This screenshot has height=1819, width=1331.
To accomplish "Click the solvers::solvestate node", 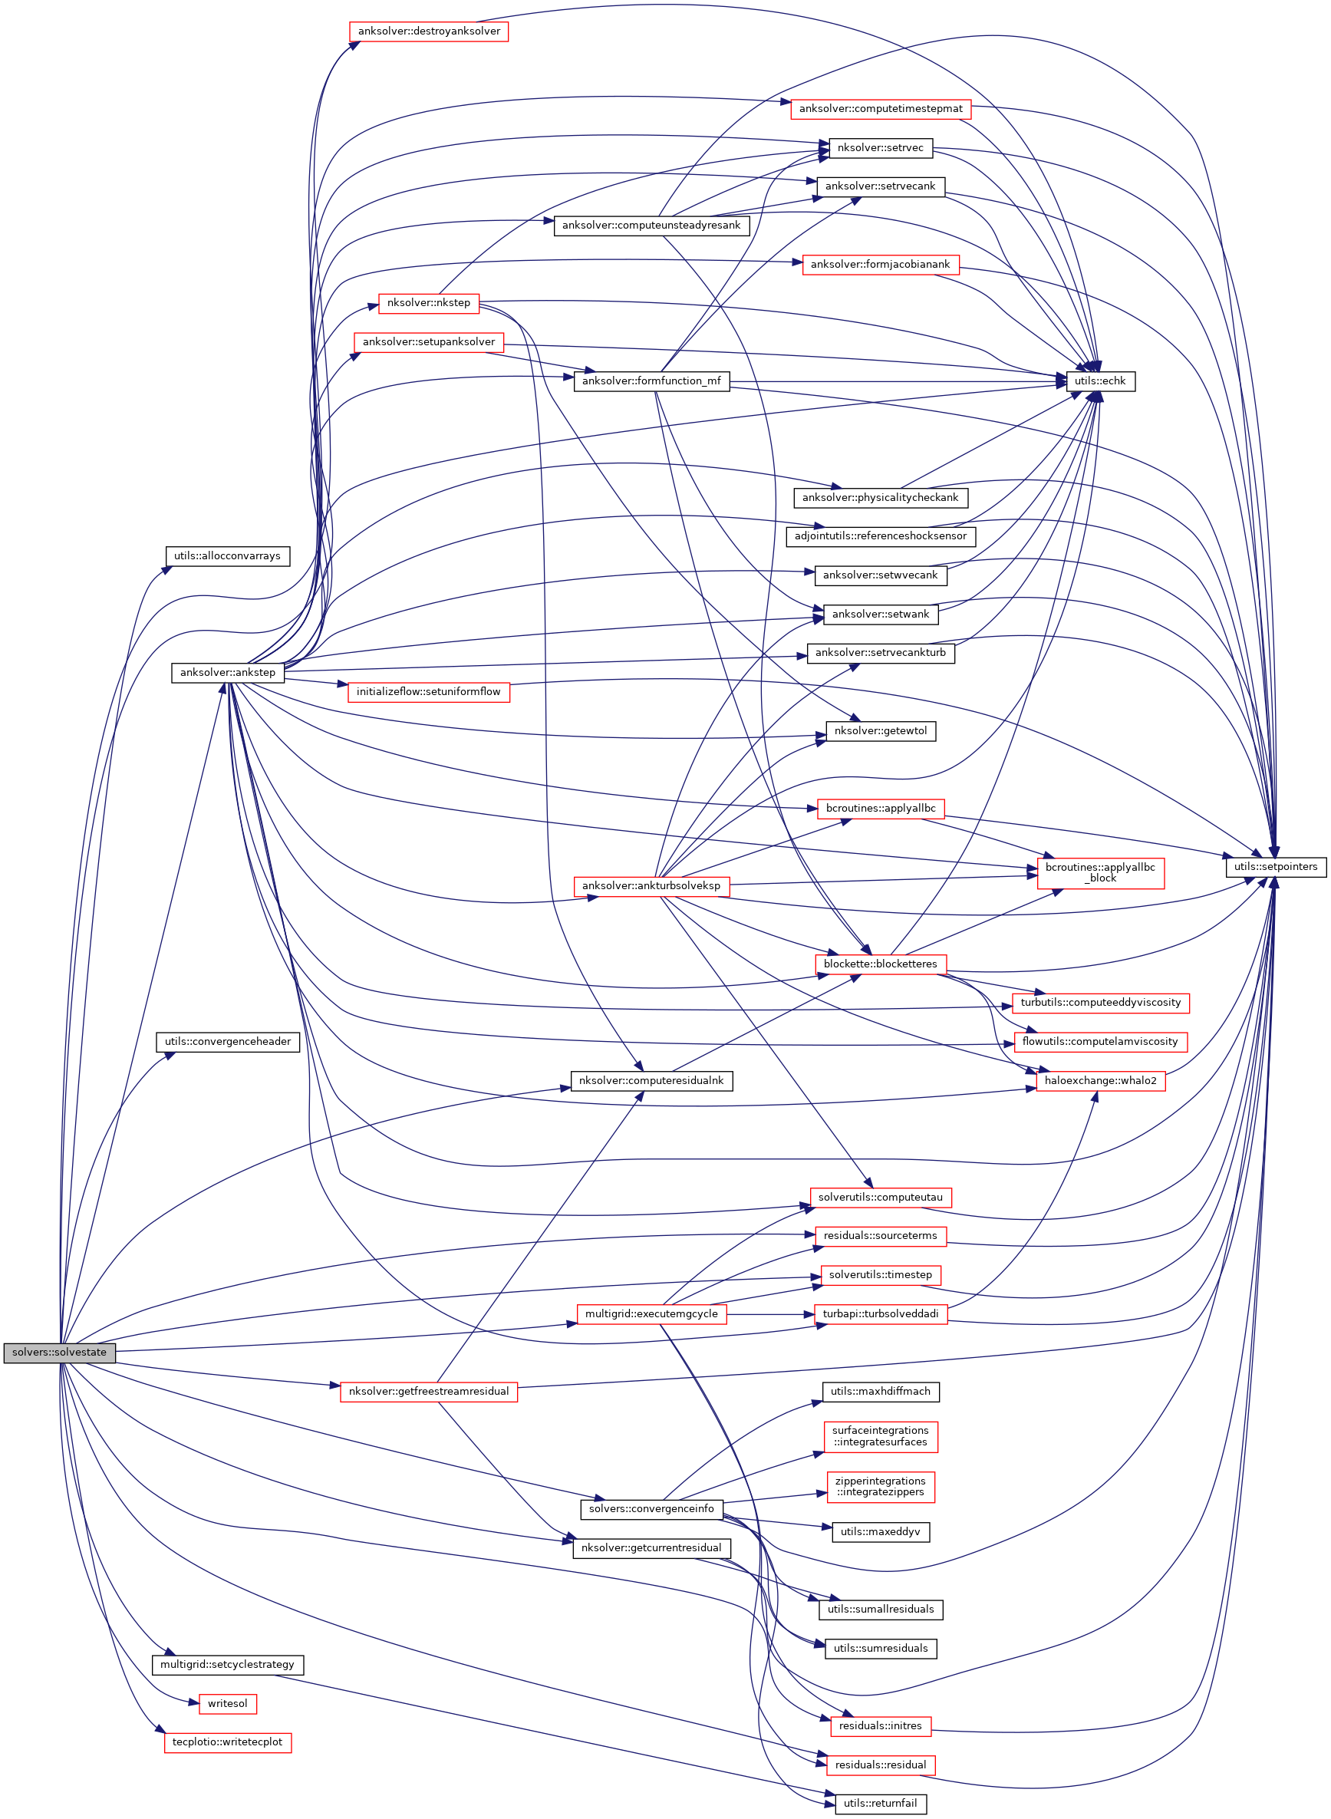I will tap(60, 1352).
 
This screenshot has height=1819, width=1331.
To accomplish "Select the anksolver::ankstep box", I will tap(227, 672).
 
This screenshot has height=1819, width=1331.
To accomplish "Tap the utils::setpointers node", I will tap(1276, 867).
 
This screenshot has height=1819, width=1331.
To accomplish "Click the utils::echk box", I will tap(1100, 381).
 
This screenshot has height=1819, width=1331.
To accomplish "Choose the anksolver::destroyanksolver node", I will tap(429, 31).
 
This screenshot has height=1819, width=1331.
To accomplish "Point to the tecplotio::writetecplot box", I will tap(227, 1742).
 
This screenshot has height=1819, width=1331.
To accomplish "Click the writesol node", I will tap(227, 1703).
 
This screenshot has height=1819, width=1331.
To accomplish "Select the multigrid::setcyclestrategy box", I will tap(227, 1664).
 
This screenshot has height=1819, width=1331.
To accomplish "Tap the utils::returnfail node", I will tap(880, 1804).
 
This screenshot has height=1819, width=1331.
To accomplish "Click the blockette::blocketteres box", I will tap(880, 964).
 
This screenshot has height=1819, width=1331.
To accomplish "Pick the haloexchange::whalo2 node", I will tap(1100, 1080).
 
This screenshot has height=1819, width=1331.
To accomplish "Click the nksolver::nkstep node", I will tap(429, 303).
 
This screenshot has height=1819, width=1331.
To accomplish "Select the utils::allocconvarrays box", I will tap(227, 556).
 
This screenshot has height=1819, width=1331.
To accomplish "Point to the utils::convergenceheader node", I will tap(227, 1042).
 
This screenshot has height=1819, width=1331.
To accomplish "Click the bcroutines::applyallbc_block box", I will tap(1100, 872).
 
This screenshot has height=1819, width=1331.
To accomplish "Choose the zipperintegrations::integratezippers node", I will tap(880, 1486).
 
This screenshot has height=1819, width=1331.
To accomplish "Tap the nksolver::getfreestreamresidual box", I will tap(429, 1391).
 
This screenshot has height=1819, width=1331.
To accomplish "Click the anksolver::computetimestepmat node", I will tap(880, 109).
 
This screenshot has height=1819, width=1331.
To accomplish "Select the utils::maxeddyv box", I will tap(880, 1531).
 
